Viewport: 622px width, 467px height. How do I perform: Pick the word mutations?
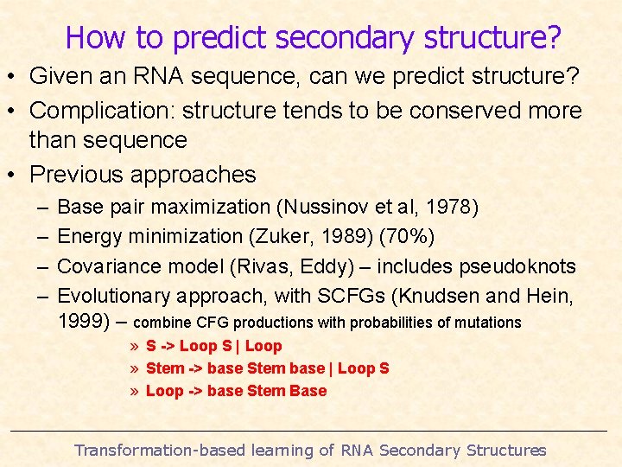point(486,323)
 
